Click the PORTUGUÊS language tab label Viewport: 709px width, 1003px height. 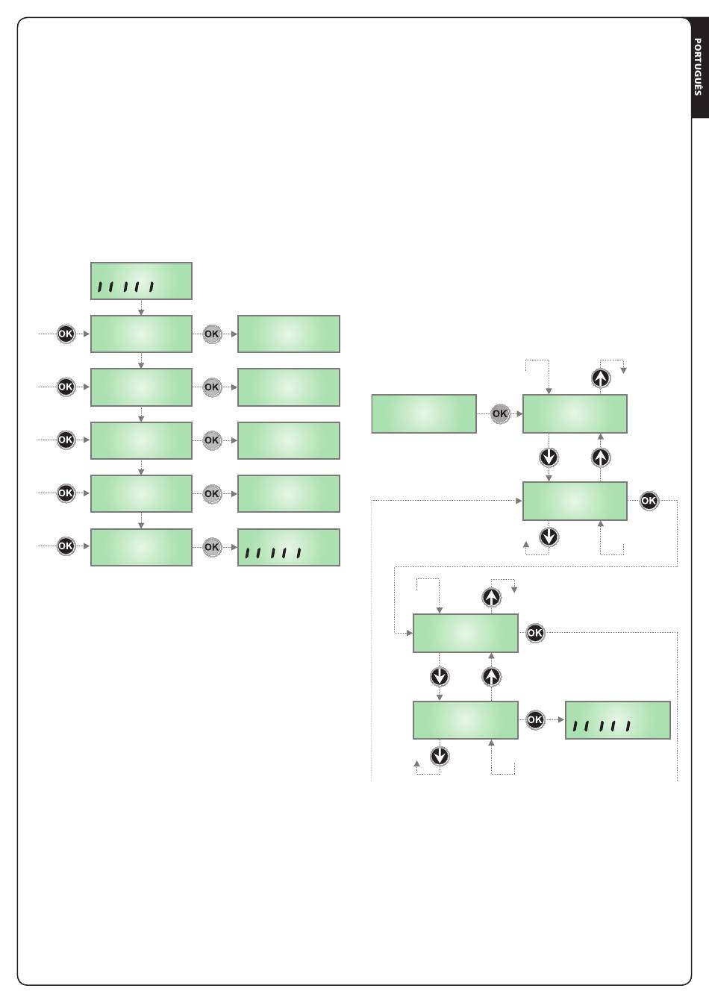pos(699,66)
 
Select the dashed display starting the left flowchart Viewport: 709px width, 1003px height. pos(141,281)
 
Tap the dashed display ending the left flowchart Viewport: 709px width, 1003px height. pos(289,547)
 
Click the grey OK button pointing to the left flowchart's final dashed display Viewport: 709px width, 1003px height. pos(212,547)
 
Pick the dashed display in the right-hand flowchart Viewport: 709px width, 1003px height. pos(618,720)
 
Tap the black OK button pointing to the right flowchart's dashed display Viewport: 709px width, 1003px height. pos(535,720)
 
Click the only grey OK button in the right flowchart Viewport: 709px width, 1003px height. pos(499,413)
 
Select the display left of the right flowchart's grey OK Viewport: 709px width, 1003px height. pos(424,413)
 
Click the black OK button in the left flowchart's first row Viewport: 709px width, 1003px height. pos(66,334)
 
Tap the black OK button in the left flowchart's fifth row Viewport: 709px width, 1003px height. pos(66,546)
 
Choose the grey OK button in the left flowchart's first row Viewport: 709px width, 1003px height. pos(212,334)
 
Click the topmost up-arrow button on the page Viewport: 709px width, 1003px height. pos(601,378)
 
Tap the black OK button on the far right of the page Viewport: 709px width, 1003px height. pos(649,501)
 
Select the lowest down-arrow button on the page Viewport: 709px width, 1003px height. pos(440,756)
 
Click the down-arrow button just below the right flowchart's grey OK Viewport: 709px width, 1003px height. pos(549,457)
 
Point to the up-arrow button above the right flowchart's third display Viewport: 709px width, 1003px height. pos(490,597)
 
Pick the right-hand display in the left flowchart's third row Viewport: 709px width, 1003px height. pos(289,440)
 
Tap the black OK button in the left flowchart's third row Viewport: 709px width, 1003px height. pos(66,440)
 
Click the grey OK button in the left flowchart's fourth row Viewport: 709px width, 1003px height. pos(212,493)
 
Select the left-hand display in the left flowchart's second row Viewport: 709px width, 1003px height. pos(141,387)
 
